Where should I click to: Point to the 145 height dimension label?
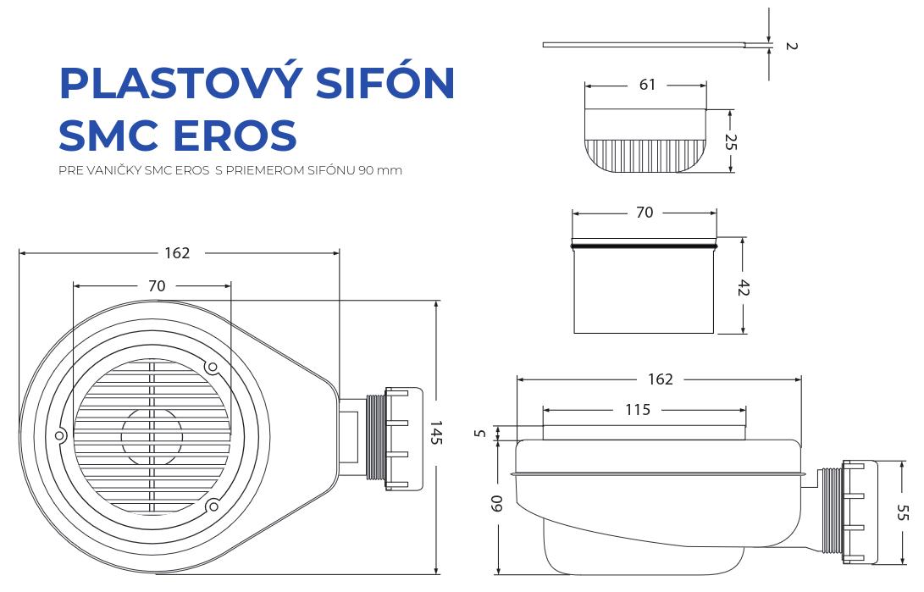[x=435, y=433]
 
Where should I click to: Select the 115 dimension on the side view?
[x=638, y=409]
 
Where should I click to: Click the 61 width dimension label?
[x=647, y=85]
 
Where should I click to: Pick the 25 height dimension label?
[x=730, y=141]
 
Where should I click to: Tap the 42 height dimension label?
[x=744, y=288]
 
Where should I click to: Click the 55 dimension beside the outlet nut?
[x=902, y=512]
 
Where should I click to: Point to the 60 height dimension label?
[x=497, y=503]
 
